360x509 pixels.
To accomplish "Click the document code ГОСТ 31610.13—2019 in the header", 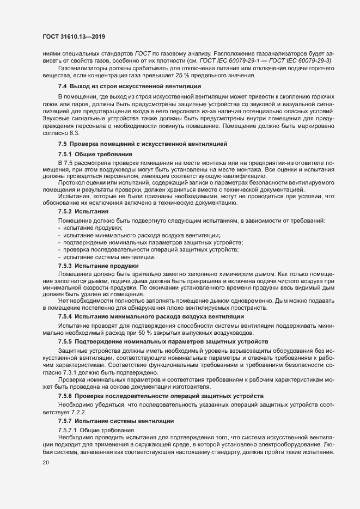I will click(74, 36).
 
